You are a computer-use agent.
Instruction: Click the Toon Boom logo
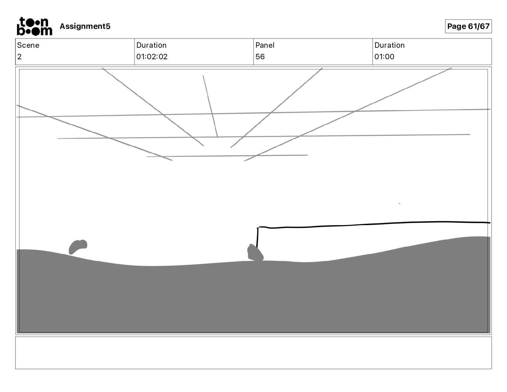[34, 26]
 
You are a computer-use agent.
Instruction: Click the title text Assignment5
[85, 26]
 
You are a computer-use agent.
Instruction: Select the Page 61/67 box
[468, 26]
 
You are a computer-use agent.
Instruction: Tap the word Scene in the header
[28, 45]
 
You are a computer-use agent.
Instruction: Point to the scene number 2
[20, 57]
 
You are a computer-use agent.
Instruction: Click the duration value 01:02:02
[152, 57]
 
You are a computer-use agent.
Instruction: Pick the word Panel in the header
[265, 45]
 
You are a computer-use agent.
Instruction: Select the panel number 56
[260, 57]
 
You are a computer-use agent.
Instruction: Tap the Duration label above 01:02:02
[151, 45]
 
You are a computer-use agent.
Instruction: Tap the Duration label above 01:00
[390, 45]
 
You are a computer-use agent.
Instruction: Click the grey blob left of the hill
[78, 247]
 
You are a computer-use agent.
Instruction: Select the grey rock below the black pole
[255, 253]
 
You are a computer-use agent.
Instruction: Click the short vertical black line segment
[257, 237]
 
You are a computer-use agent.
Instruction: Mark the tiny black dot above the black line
[399, 203]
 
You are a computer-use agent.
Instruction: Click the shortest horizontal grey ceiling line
[227, 156]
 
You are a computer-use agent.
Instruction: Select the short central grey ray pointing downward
[210, 106]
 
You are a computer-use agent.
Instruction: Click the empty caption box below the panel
[253, 353]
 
